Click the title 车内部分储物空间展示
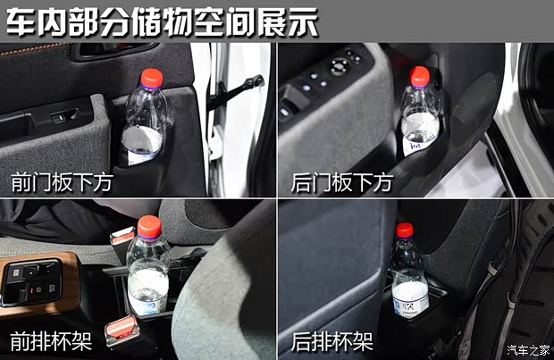tap(162, 22)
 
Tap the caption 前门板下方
tap(62, 182)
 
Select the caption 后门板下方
tap(342, 182)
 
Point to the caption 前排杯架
tap(51, 341)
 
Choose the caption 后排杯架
tap(332, 341)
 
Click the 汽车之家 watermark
tap(528, 350)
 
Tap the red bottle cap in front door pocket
tap(152, 78)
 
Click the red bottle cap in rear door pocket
tap(420, 76)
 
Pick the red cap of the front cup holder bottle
tap(149, 227)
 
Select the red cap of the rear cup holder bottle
tap(404, 230)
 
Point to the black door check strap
tap(235, 91)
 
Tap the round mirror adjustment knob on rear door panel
tap(340, 66)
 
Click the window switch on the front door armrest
tap(64, 116)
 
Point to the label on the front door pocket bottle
tap(142, 157)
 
